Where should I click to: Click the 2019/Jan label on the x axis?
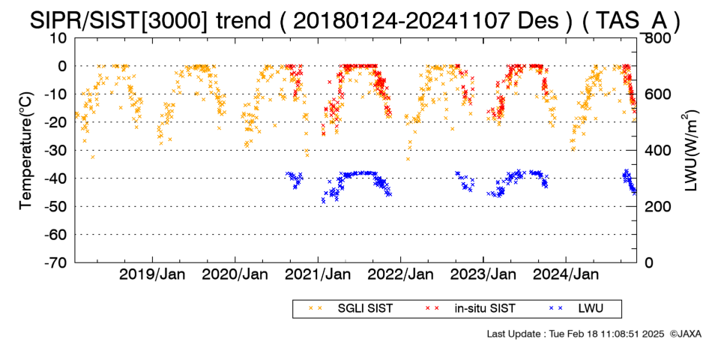pyautogui.click(x=152, y=274)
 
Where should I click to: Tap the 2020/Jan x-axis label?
pyautogui.click(x=235, y=274)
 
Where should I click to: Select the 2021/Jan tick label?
pyautogui.click(x=318, y=274)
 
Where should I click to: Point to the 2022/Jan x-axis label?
pyautogui.click(x=400, y=274)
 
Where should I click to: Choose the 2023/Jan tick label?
pyautogui.click(x=483, y=274)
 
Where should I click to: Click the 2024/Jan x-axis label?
pyautogui.click(x=566, y=274)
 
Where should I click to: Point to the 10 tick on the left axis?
pyautogui.click(x=58, y=37)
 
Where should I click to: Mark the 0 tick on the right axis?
pyautogui.click(x=649, y=262)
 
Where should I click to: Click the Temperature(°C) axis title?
pyautogui.click(x=27, y=151)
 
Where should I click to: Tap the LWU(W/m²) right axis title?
pyautogui.click(x=689, y=151)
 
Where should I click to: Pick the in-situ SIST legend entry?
pyautogui.click(x=471, y=309)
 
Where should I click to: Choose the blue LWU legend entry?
pyautogui.click(x=576, y=309)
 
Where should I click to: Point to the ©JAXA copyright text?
pyautogui.click(x=685, y=334)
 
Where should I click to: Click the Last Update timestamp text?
pyautogui.click(x=576, y=334)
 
